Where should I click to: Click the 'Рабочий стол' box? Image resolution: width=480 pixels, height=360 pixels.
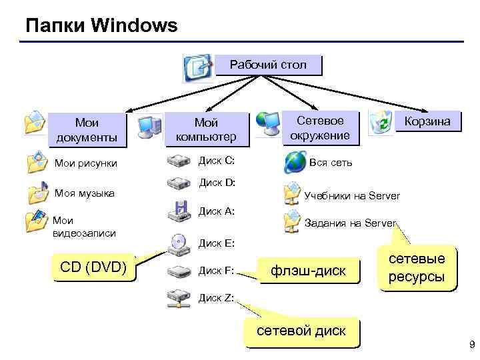click(268, 65)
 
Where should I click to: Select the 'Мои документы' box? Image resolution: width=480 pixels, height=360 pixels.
click(87, 129)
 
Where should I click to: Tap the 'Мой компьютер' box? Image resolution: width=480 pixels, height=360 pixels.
click(205, 129)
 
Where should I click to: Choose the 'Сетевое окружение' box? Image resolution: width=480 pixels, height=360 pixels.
click(320, 127)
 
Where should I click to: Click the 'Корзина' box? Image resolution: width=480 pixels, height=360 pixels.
click(427, 121)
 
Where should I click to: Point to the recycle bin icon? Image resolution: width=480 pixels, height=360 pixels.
click(382, 123)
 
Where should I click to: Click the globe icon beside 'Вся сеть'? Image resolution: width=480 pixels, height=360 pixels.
click(294, 162)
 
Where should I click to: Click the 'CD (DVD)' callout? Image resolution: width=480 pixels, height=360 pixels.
click(93, 268)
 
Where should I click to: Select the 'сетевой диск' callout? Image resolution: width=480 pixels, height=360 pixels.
click(301, 331)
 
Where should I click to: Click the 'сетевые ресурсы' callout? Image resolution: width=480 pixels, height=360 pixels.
click(417, 267)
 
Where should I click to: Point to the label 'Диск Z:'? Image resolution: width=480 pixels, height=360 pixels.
click(217, 297)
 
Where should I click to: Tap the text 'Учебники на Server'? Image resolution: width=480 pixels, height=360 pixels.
click(352, 196)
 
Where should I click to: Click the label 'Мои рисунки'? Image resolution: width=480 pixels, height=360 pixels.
click(85, 163)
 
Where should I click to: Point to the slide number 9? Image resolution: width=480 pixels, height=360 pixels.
click(472, 345)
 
